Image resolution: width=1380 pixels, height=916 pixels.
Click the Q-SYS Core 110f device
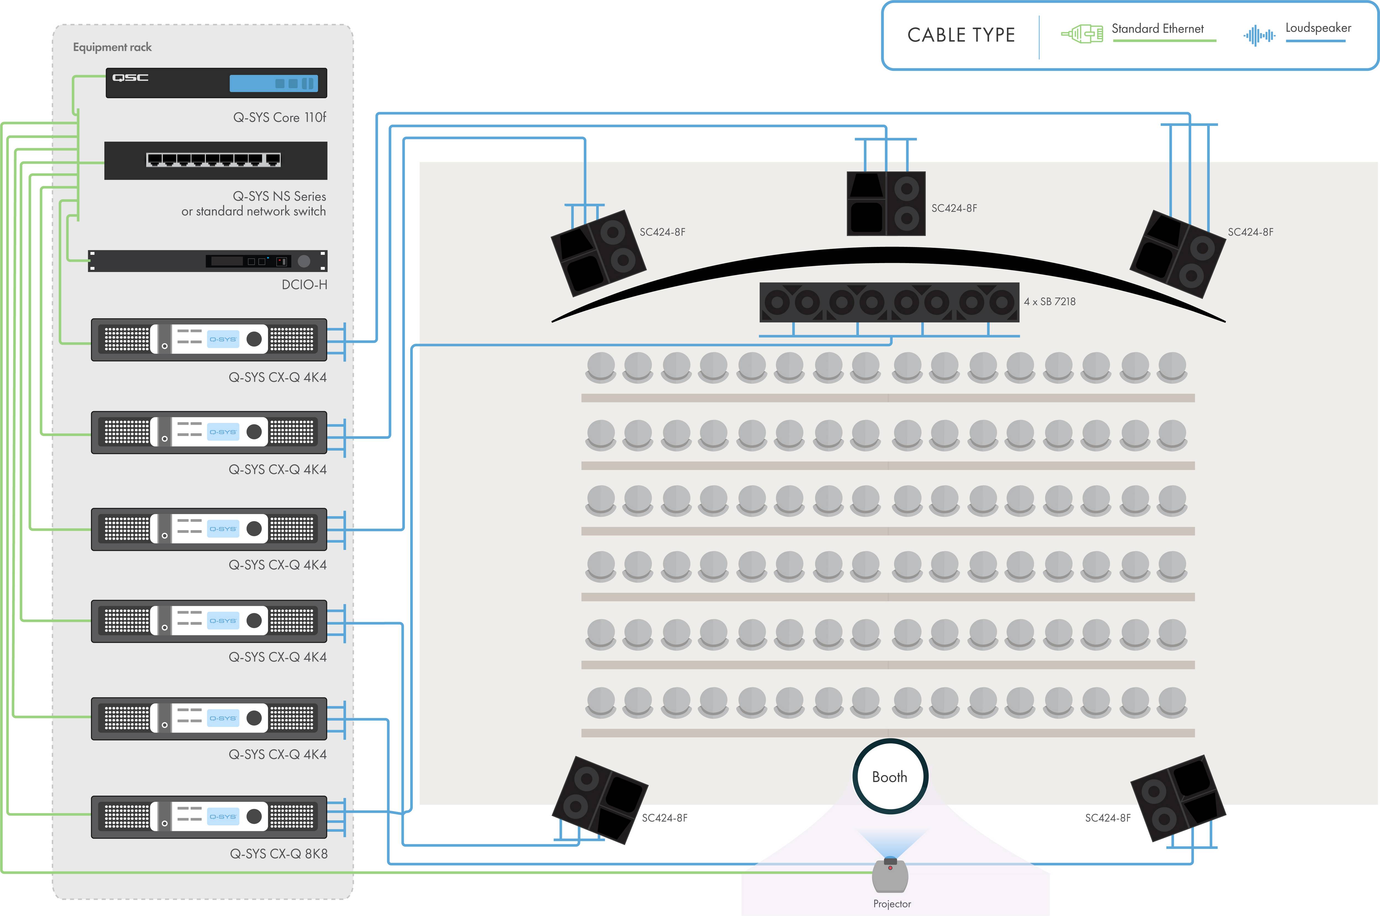click(216, 83)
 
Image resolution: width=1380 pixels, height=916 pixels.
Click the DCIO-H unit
click(208, 261)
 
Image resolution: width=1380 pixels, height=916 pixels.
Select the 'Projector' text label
click(892, 904)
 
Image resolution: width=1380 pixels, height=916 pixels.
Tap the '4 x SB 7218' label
click(1049, 301)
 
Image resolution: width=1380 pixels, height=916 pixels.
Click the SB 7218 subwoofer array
click(889, 302)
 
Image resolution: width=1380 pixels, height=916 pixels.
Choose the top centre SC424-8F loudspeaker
click(886, 203)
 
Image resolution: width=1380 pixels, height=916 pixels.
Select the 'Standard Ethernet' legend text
click(1158, 29)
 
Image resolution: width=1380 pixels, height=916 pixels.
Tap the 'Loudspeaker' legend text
click(1318, 28)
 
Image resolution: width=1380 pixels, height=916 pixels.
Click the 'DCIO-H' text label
click(304, 285)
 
